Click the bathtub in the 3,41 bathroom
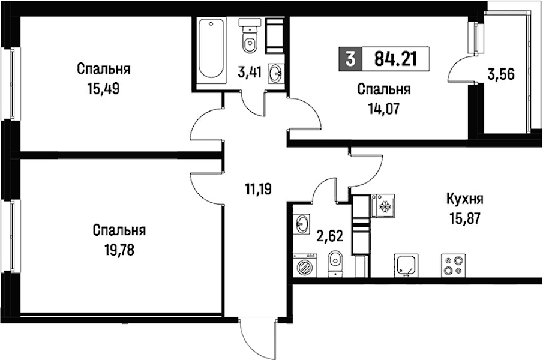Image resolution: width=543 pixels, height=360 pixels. coord(211,49)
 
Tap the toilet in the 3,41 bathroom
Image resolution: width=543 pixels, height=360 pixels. coord(250,36)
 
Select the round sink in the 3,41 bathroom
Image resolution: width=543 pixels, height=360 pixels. coord(277,73)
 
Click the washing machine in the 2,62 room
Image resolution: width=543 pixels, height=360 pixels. coord(305,265)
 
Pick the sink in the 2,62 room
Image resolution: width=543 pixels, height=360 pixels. coord(302,224)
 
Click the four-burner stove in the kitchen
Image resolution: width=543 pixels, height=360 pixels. coord(454,265)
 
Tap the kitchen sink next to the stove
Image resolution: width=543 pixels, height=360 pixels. coord(406,265)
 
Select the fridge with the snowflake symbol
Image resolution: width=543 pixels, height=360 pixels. coord(383,206)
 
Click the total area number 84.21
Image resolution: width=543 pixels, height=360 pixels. coord(395,59)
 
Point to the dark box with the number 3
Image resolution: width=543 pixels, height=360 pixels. coord(350,59)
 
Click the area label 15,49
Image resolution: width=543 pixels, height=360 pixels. coord(104,89)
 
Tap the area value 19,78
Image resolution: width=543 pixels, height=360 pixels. coord(119,250)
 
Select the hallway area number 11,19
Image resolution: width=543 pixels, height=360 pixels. coord(258,189)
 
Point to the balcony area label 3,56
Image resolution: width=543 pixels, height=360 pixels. coord(501,74)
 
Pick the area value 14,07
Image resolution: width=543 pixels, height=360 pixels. coord(384,109)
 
